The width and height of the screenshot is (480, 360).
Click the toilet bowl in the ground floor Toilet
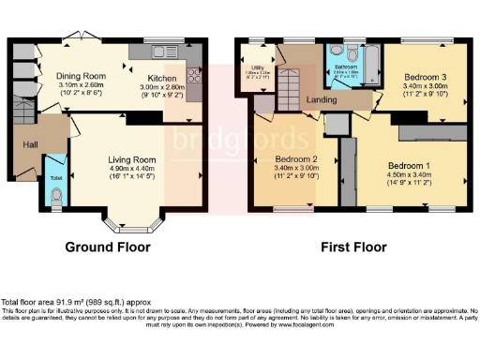[57, 196]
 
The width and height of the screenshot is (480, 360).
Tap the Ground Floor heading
[107, 247]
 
